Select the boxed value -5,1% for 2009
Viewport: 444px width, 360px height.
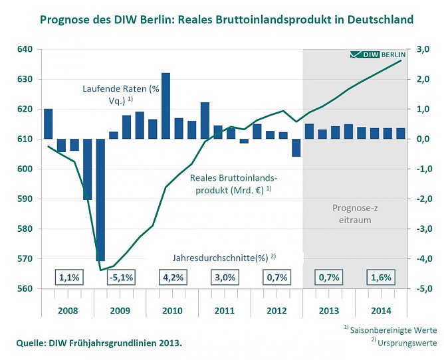(x=120, y=278)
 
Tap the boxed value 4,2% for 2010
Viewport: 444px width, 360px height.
(x=171, y=278)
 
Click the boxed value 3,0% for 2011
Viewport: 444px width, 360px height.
(x=224, y=278)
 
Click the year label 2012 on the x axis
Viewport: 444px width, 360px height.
(x=276, y=310)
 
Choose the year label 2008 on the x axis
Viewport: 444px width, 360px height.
(x=67, y=310)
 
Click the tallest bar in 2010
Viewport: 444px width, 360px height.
(x=166, y=106)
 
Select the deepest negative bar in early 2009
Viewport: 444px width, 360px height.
(x=100, y=199)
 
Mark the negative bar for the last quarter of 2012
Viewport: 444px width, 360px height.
(x=296, y=147)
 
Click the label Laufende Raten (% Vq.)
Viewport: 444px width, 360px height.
(x=111, y=94)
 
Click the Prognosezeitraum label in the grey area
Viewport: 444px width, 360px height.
(x=356, y=213)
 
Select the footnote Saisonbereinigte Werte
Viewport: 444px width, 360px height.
(x=401, y=330)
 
